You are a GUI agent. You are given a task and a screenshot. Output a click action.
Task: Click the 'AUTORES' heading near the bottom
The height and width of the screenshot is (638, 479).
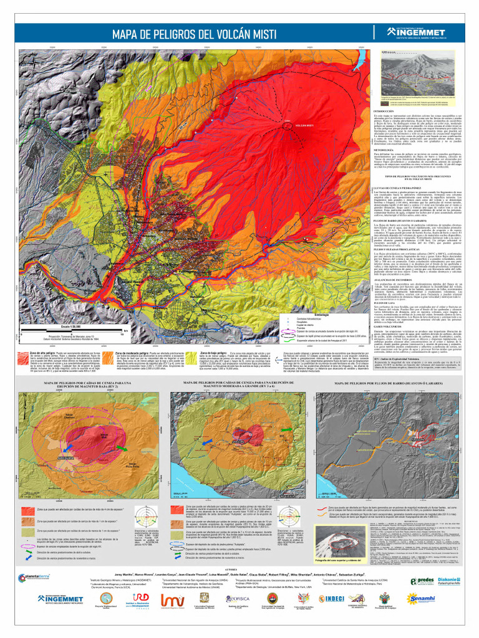(x=231, y=569)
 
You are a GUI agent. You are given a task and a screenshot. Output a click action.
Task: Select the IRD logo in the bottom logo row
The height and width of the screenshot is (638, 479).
(x=141, y=598)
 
